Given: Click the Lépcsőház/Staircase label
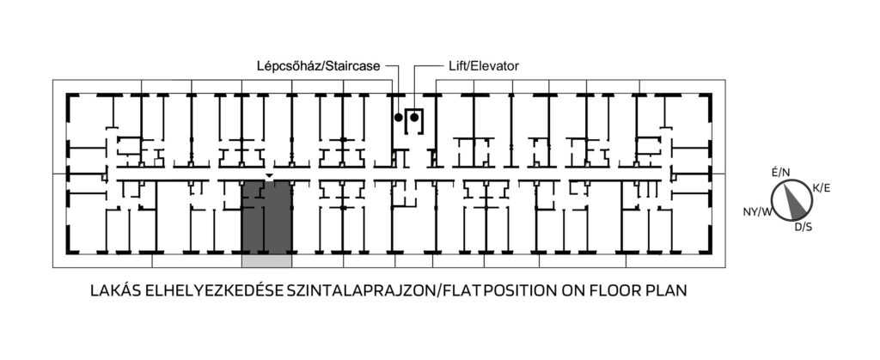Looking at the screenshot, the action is tap(319, 66).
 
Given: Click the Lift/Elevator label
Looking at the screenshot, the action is tap(484, 66).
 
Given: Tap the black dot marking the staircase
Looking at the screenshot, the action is tap(399, 117).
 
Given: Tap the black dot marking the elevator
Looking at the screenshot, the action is tap(414, 117).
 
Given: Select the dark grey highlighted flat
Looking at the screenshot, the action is tap(266, 217).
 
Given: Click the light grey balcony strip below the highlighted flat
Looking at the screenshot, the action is tap(266, 260).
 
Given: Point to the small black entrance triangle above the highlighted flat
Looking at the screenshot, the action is tap(269, 176).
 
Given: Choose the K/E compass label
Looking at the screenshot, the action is tap(821, 188).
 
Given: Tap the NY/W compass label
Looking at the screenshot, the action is tap(758, 211).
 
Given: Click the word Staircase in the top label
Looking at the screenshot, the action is tap(354, 66).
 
